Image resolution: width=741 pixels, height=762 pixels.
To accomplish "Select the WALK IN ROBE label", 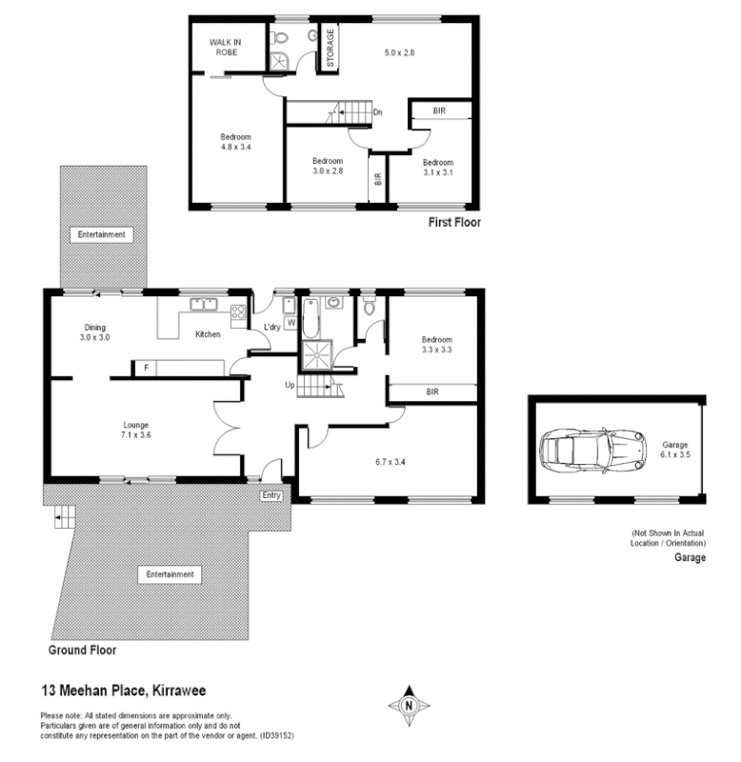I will [x=227, y=47].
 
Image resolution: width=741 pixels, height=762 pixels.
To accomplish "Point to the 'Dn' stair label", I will [x=377, y=113].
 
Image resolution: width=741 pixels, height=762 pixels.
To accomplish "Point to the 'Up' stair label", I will [x=290, y=385].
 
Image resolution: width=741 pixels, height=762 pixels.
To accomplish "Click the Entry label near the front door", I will [x=272, y=495].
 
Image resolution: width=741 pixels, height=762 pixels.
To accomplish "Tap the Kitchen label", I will [x=208, y=334].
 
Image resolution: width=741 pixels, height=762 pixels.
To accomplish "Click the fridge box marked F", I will [x=146, y=368].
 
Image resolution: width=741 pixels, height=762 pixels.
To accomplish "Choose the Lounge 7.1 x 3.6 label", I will [x=135, y=431].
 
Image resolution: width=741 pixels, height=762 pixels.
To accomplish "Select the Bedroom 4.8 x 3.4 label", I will [x=235, y=142].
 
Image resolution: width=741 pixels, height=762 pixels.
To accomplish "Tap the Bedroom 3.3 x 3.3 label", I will [x=437, y=345].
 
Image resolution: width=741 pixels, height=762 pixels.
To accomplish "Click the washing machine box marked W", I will [x=290, y=323].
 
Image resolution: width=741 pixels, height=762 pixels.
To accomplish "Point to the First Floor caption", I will [x=454, y=222].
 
